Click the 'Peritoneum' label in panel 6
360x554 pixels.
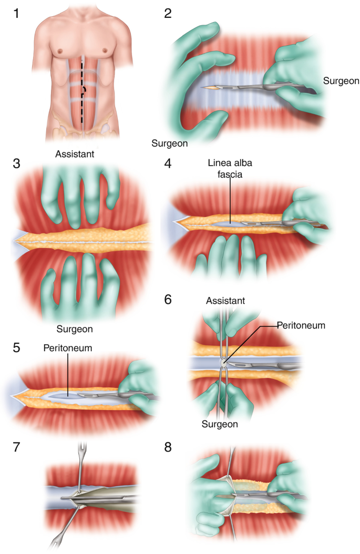pyautogui.click(x=302, y=325)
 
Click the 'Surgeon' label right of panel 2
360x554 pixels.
pyautogui.click(x=341, y=81)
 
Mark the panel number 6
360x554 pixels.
pyautogui.click(x=168, y=300)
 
